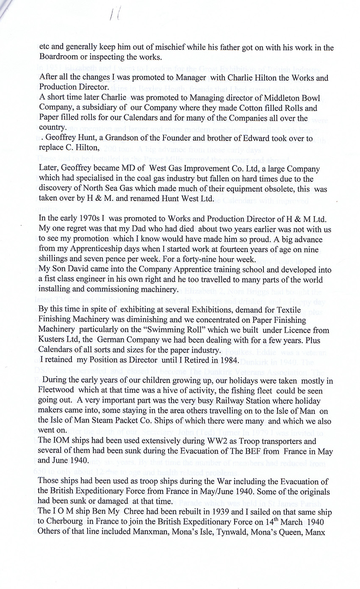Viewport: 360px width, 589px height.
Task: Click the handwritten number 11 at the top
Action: click(114, 16)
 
